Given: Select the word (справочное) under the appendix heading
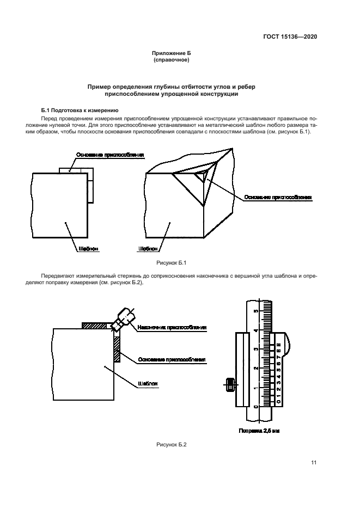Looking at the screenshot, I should click(x=172, y=60).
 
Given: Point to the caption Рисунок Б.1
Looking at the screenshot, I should click(x=172, y=263).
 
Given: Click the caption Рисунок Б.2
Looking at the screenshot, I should click(x=172, y=445).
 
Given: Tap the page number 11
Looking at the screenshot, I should click(x=314, y=463).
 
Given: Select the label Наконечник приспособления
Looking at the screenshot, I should click(x=172, y=328).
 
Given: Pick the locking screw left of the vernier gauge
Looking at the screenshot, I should click(x=229, y=384).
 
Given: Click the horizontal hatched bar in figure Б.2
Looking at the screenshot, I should click(x=96, y=326).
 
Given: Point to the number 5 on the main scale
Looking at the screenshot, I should click(x=255, y=311).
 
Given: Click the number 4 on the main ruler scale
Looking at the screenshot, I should click(x=255, y=330).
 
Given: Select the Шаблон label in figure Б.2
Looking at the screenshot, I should click(x=148, y=383).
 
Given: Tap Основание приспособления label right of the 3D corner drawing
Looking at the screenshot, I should click(x=278, y=197).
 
